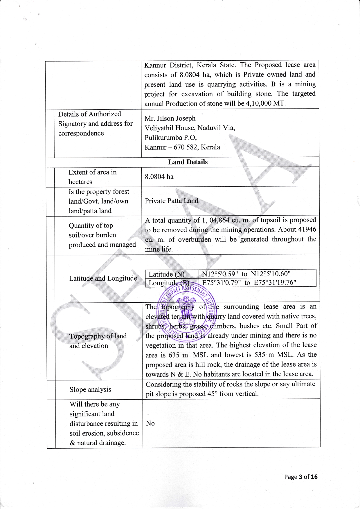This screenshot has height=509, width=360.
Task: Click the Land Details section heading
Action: (x=188, y=162)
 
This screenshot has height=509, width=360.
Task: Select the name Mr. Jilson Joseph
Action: (x=170, y=118)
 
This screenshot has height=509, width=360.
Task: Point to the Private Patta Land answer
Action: (x=172, y=201)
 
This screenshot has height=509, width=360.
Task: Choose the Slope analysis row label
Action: (x=90, y=389)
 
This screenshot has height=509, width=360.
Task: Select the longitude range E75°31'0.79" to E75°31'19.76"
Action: (x=249, y=283)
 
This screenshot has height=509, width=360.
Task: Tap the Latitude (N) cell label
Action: (x=166, y=274)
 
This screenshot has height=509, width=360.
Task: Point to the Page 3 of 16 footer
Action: (x=301, y=477)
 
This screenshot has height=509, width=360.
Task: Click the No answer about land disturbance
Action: (x=150, y=423)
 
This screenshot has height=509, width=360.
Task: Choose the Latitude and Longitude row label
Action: (x=103, y=278)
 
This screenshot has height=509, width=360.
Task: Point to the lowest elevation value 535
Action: (x=263, y=355)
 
